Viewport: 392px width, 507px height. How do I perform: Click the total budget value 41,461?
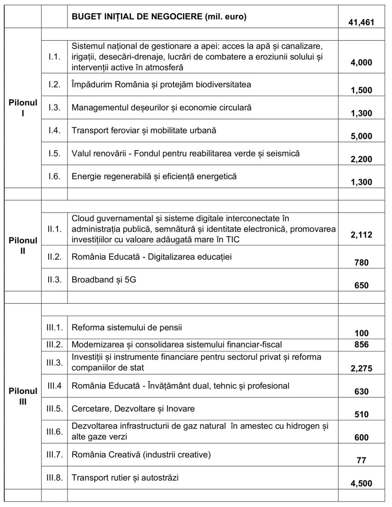click(361, 22)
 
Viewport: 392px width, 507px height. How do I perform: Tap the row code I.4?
click(55, 131)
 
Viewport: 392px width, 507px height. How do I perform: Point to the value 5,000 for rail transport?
click(361, 136)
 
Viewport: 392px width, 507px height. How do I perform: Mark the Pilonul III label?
click(23, 396)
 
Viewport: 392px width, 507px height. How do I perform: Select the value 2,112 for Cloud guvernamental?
click(361, 235)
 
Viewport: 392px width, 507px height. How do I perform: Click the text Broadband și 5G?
click(104, 280)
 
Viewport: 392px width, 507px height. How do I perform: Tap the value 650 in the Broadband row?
click(361, 285)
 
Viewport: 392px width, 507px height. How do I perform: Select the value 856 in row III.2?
click(361, 344)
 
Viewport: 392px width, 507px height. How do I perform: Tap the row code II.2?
click(55, 257)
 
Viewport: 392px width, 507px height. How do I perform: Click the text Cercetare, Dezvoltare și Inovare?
click(133, 409)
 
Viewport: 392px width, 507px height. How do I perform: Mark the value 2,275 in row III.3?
click(361, 368)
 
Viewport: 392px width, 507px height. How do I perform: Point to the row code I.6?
click(55, 176)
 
